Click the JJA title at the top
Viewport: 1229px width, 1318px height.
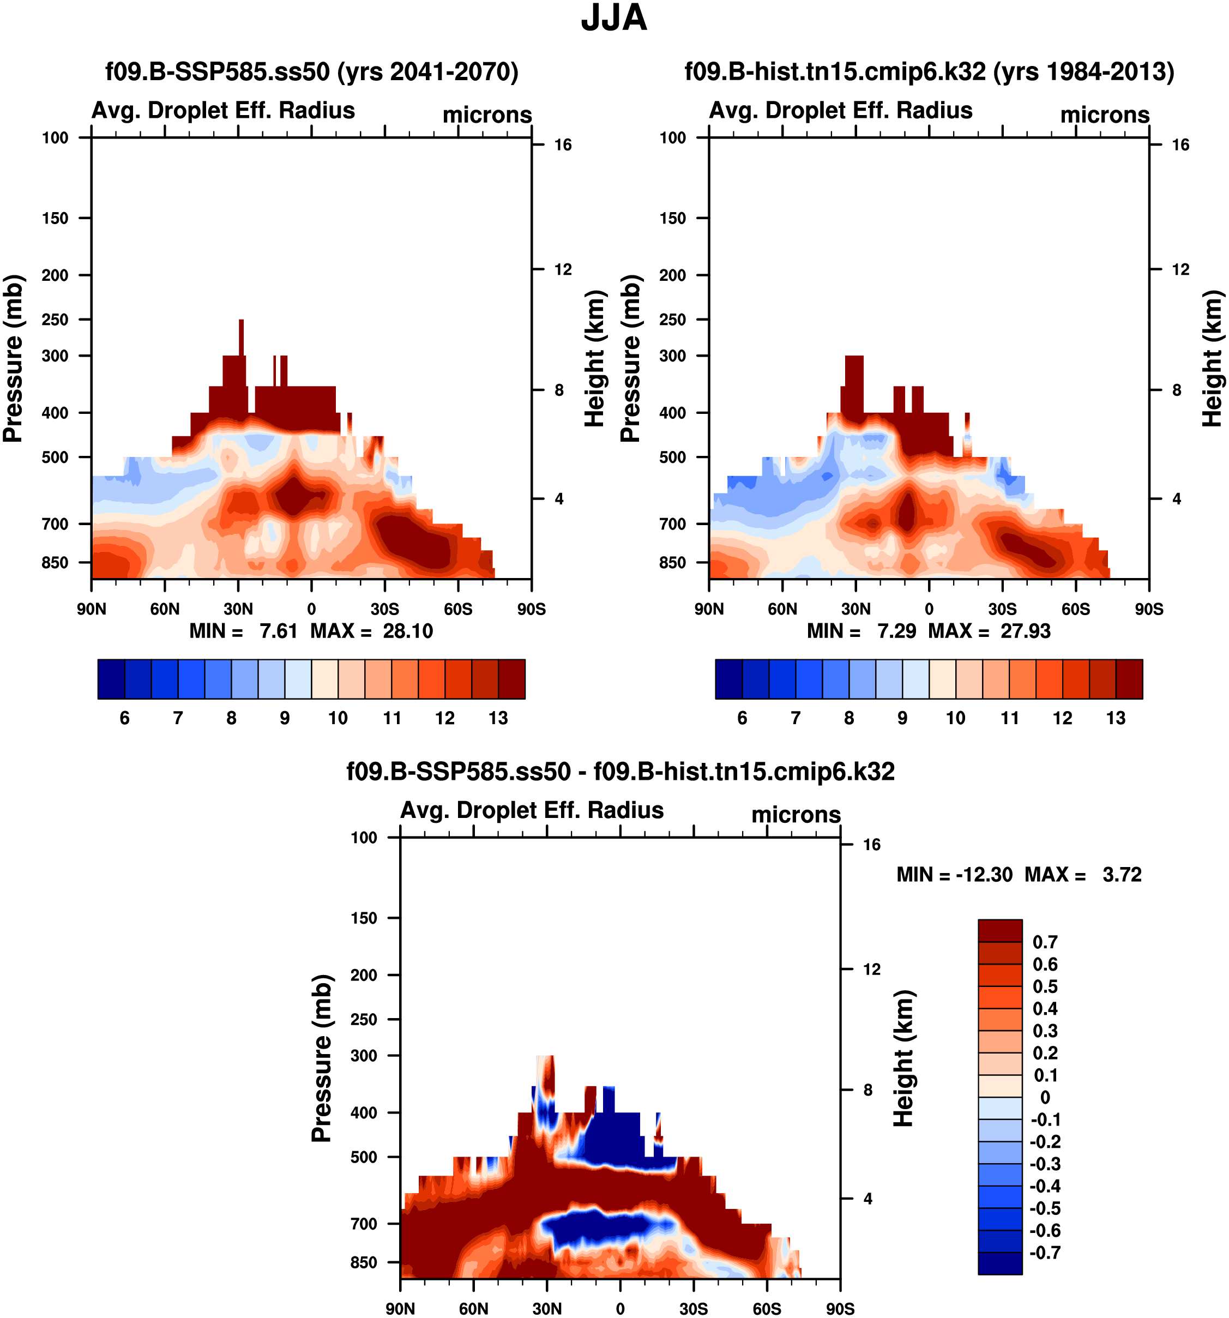(614, 19)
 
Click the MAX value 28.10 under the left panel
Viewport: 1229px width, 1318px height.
(408, 630)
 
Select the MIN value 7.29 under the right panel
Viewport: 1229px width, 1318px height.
(896, 630)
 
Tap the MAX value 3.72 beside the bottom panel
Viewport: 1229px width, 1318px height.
(1122, 875)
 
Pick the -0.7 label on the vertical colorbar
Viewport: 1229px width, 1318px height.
(1045, 1253)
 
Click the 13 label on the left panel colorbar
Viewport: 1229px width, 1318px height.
(498, 718)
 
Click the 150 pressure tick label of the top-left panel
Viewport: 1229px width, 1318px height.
(55, 218)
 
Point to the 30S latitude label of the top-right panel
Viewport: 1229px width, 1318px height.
(1002, 609)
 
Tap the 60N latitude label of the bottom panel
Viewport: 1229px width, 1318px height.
(473, 1308)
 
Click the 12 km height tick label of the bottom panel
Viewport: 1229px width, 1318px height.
(872, 969)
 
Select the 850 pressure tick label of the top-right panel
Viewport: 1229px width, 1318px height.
(672, 562)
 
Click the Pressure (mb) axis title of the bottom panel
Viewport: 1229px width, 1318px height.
(322, 1058)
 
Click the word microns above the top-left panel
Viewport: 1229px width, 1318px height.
(487, 115)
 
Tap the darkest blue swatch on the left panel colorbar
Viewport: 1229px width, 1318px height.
(111, 679)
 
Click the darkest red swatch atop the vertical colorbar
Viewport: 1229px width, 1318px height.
(999, 930)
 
